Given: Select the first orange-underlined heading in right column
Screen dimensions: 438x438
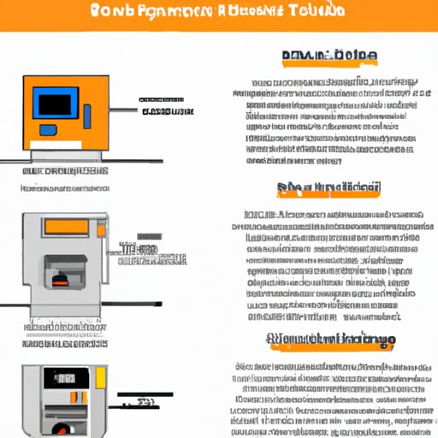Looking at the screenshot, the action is click(328, 56).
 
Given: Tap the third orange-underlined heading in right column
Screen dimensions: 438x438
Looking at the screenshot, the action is click(333, 340).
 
